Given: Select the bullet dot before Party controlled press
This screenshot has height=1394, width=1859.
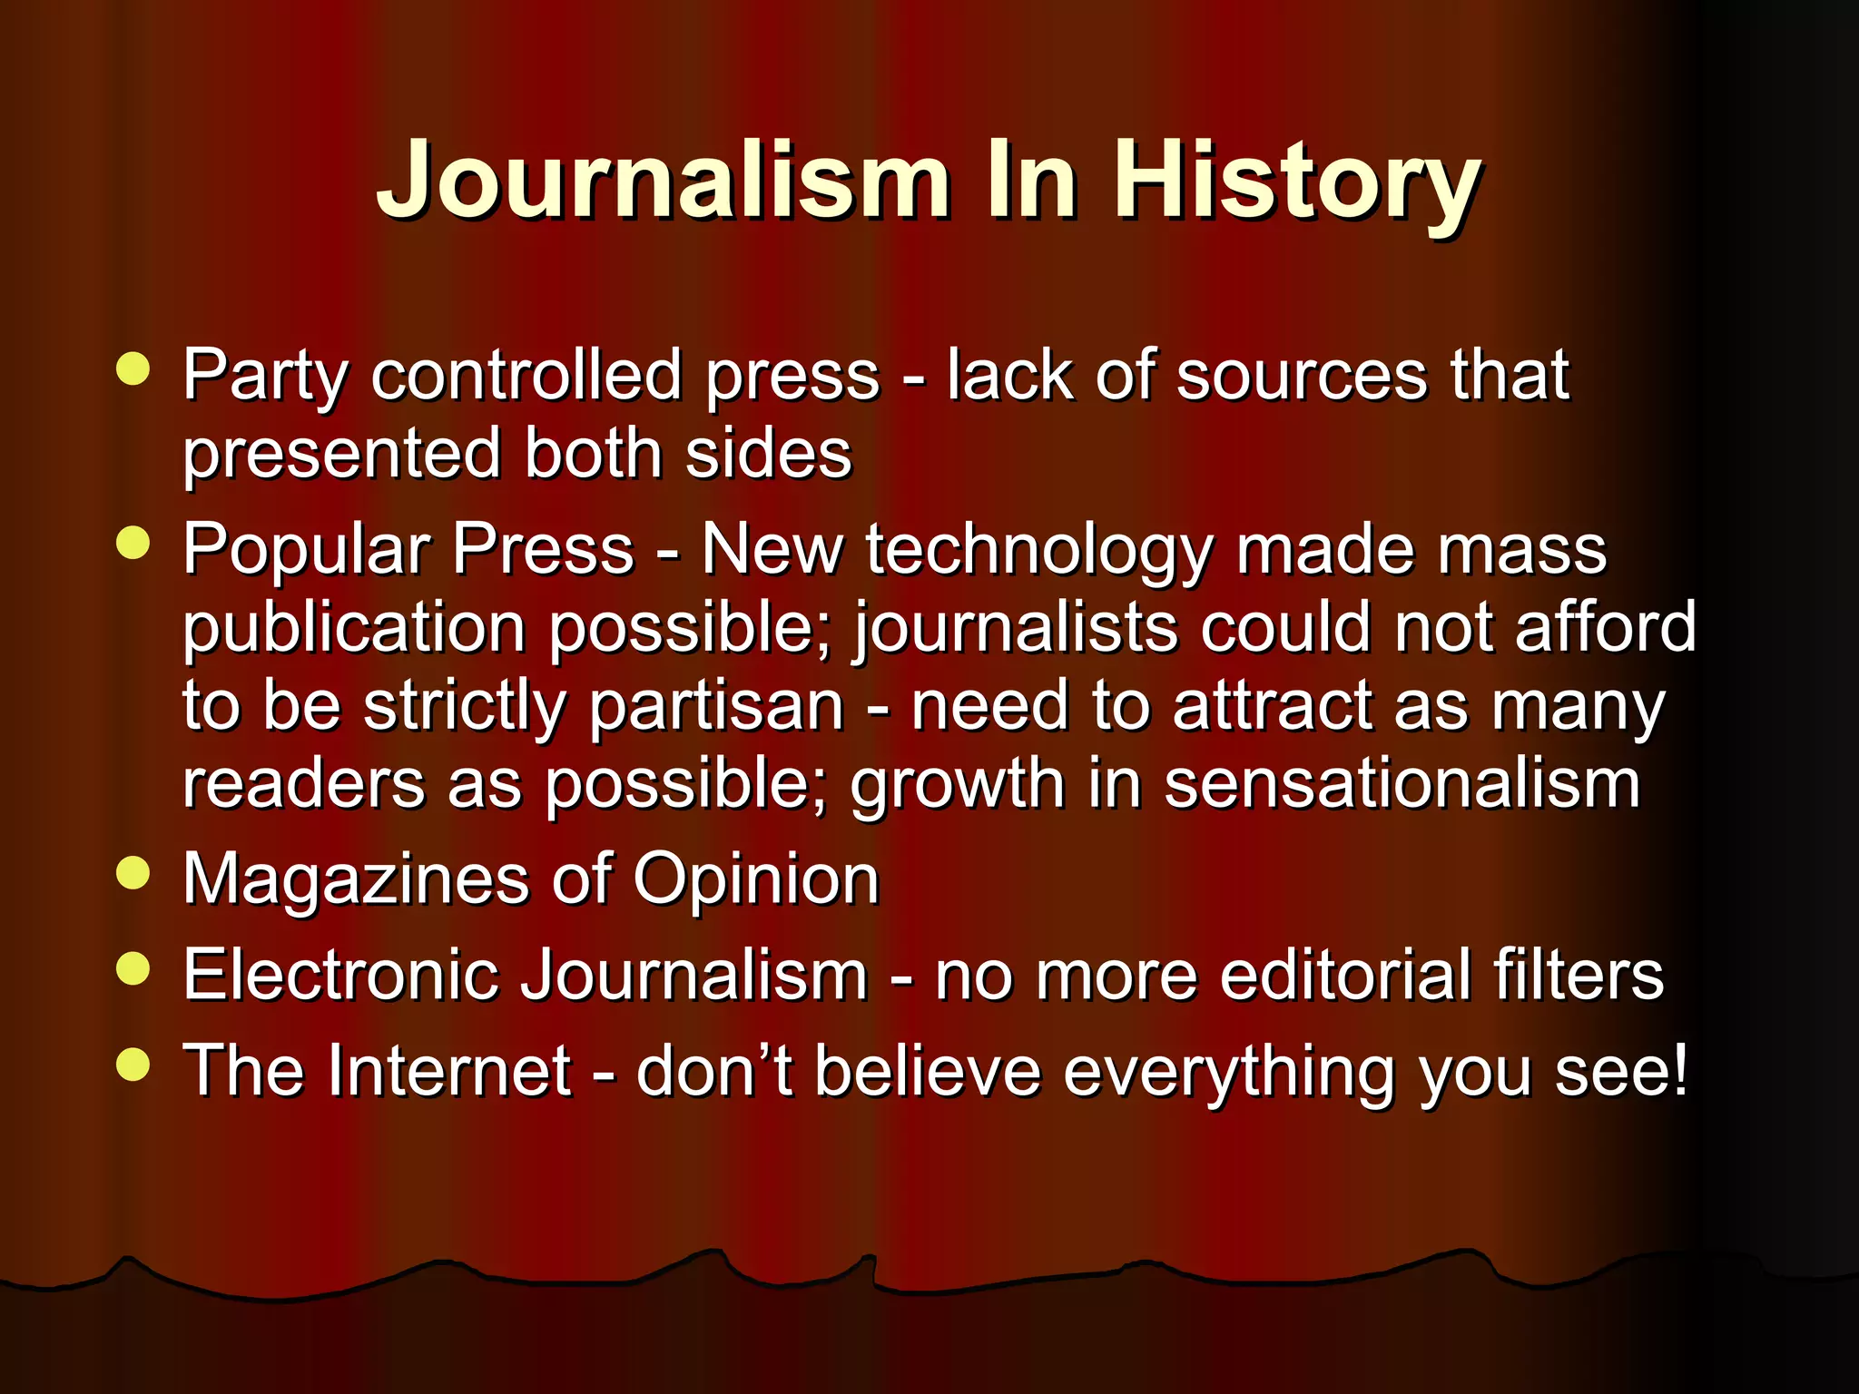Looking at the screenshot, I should coord(133,369).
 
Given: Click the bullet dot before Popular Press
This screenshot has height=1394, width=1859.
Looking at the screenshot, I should coord(133,544).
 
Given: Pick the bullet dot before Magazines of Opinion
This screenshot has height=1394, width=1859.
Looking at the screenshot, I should coord(133,873).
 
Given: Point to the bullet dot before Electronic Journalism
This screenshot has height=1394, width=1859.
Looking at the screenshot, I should coord(133,968).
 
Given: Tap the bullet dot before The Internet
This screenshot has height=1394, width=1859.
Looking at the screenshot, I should coord(133,1065).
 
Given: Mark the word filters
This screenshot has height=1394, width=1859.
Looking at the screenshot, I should coord(1579,975).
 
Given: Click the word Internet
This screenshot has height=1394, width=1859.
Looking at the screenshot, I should coord(449,1071).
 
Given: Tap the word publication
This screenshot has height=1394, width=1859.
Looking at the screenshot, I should coord(354,629).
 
